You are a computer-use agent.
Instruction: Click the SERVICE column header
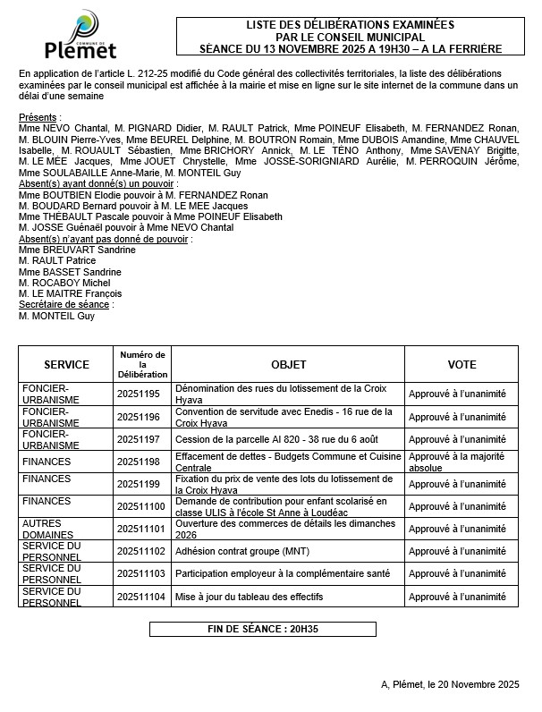pos(66,365)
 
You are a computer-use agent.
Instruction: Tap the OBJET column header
pos(288,365)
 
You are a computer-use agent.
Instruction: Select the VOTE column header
pos(462,365)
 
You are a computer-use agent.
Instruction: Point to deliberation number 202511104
pos(141,597)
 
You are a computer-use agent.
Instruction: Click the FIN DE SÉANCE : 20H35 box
pos(262,630)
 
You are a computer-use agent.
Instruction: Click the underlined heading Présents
pos(39,117)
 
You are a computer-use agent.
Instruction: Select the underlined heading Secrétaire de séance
pos(64,304)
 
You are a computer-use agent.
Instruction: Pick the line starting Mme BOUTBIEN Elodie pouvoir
pos(143,195)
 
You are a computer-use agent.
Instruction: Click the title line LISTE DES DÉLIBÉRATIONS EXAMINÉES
pos(351,25)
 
